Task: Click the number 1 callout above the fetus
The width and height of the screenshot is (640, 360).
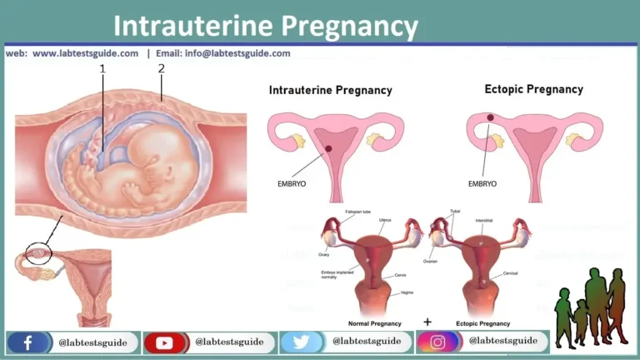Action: [103, 69]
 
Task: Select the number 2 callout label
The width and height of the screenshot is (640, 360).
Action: [162, 69]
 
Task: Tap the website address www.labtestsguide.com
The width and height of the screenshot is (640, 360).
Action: [85, 53]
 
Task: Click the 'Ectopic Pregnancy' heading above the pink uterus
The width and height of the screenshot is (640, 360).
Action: [533, 89]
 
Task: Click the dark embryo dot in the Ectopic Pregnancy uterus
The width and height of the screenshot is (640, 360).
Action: [490, 118]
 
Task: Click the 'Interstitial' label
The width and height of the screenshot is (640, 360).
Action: [485, 222]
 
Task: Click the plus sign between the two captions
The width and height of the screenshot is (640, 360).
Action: [427, 320]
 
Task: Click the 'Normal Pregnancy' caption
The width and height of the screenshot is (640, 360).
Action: [375, 322]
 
